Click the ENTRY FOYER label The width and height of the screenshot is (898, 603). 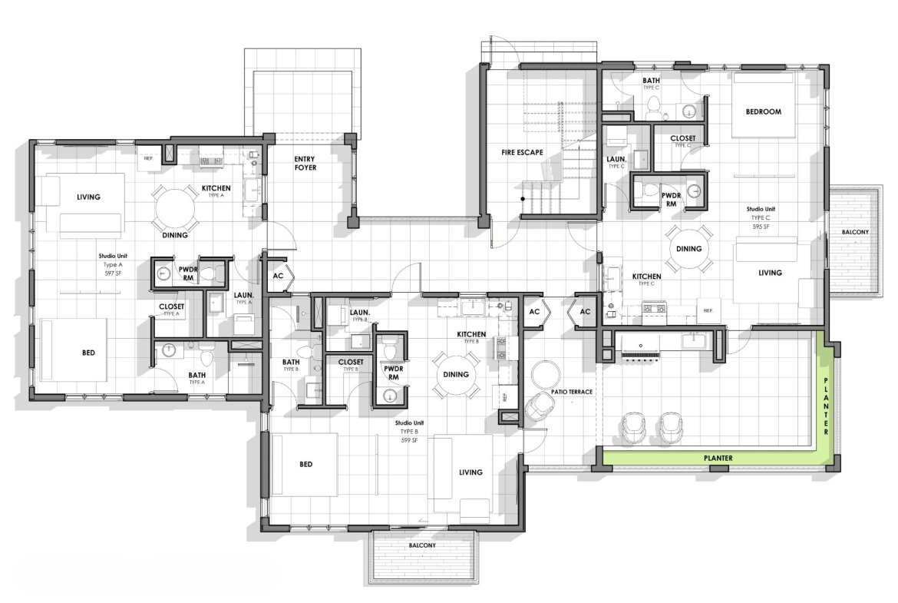305,164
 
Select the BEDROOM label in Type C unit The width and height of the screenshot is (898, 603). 763,111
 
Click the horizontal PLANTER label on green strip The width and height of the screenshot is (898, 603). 718,459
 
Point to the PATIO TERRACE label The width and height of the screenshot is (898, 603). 571,392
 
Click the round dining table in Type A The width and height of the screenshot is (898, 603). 176,207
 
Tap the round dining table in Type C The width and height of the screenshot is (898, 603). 688,249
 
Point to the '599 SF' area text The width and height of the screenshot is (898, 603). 408,440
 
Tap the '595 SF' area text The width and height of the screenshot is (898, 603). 760,227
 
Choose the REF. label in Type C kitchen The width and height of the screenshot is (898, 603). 708,310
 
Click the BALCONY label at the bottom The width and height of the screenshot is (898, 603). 421,545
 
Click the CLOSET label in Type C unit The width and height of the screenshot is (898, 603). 683,139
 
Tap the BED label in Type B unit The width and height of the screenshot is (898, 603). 305,464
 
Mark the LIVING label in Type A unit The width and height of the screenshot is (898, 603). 88,197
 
